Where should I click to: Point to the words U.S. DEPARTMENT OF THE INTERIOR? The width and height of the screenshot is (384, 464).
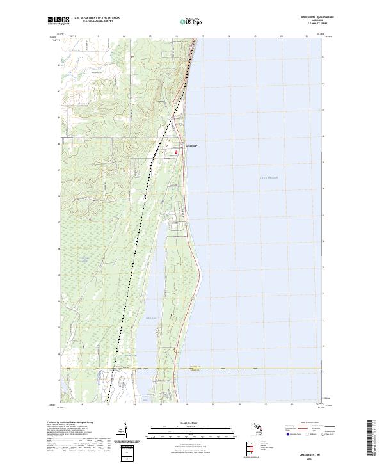click(97, 17)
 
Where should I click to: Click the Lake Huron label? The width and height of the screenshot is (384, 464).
click(269, 177)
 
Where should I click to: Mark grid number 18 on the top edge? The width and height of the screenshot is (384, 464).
click(228, 37)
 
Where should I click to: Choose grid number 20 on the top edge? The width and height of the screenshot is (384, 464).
click(281, 37)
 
